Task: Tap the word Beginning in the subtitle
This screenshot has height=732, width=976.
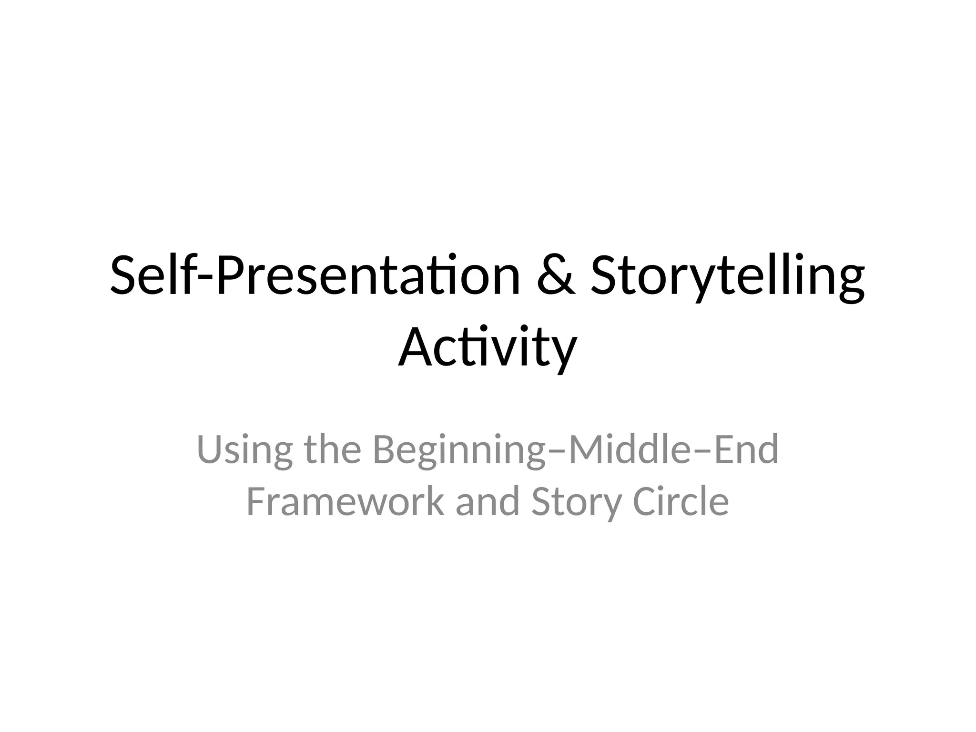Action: [459, 449]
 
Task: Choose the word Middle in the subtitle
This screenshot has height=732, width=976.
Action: [629, 449]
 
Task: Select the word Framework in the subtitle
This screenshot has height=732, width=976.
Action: [345, 501]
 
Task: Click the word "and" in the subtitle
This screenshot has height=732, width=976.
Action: [488, 501]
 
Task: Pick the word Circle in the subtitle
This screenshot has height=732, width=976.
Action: [681, 501]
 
